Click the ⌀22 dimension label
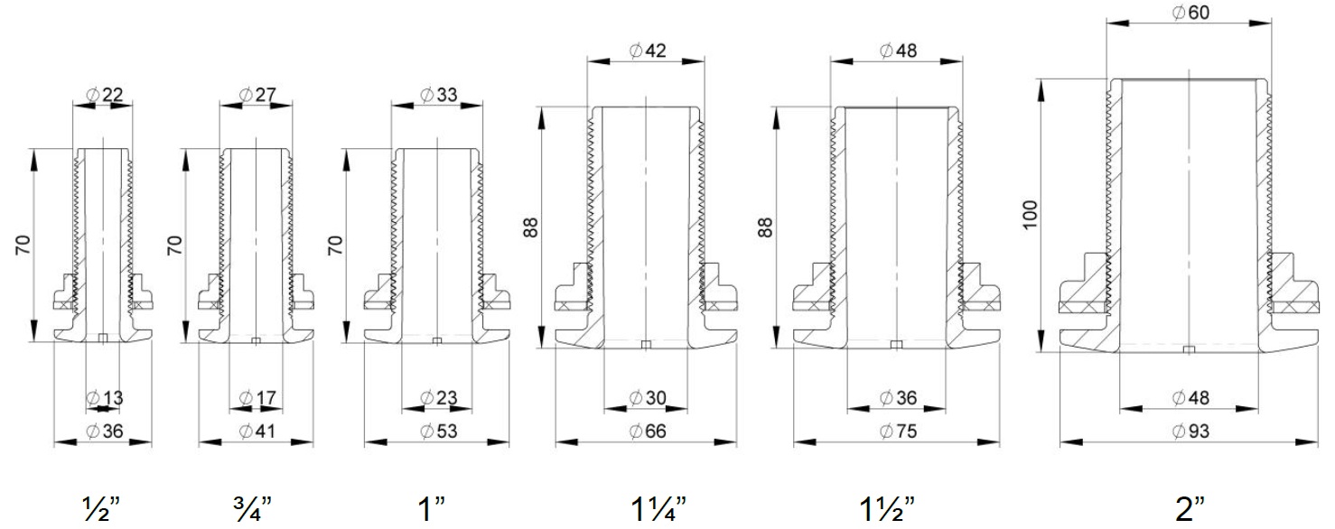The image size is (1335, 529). coord(105,95)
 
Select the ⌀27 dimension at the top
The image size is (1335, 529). coord(257,95)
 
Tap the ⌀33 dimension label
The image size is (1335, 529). coord(439,95)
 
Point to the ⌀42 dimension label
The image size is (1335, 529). coord(648,51)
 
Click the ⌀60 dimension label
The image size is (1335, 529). coord(1190,13)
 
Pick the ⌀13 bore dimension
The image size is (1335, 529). coord(105,397)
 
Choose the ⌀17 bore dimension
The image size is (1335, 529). coord(257,397)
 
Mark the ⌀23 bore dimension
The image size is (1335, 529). coord(439,397)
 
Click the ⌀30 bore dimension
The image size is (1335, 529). coord(648,397)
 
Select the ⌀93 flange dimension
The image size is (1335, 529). coord(1190,431)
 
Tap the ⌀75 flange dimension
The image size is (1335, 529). coord(899,431)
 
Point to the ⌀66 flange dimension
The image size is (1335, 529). coord(648,431)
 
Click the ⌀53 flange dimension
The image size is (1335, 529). coord(439,431)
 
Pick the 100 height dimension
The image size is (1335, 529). coord(1030,215)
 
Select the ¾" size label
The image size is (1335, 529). coord(251,509)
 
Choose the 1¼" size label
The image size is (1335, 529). coord(658,509)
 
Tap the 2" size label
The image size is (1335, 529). coord(1190,509)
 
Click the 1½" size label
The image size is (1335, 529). coord(887,509)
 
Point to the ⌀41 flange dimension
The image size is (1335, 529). coord(257,431)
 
